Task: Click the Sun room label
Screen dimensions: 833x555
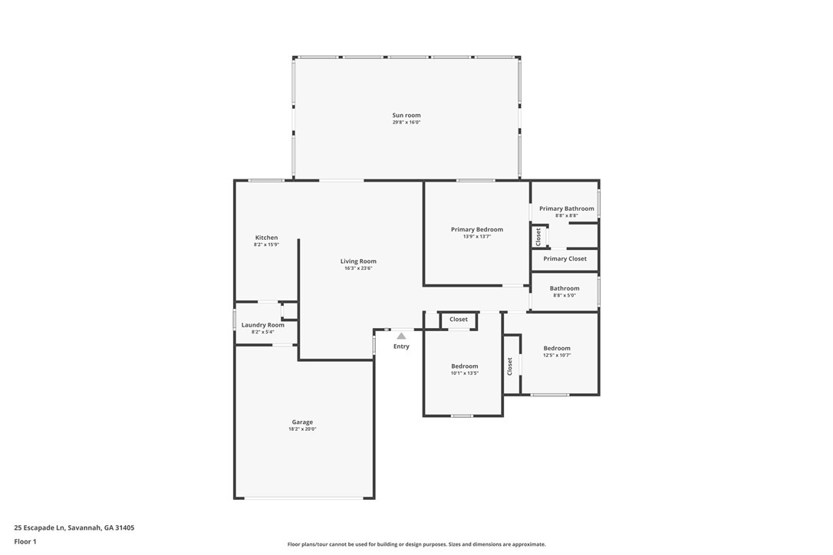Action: point(407,115)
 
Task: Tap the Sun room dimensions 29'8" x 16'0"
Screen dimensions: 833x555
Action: point(407,122)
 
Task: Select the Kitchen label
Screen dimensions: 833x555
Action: point(266,238)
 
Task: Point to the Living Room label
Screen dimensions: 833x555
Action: point(358,261)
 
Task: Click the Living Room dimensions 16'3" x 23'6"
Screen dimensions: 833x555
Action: point(358,268)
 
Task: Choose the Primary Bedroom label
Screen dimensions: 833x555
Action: point(477,229)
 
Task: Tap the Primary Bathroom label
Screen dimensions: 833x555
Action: point(567,209)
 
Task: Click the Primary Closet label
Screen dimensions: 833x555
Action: point(565,258)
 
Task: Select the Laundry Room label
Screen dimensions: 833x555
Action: point(263,325)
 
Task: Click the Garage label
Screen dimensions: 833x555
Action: point(302,422)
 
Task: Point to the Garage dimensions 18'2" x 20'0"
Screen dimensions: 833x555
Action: point(302,429)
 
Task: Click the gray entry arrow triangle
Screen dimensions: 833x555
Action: point(402,336)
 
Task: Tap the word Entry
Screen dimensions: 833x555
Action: point(401,346)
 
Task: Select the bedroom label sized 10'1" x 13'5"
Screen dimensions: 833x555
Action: point(465,366)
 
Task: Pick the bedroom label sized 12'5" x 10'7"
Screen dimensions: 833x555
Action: point(557,348)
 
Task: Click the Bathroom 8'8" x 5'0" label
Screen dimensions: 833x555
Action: point(565,288)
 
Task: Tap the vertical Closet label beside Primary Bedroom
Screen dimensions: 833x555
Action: point(538,236)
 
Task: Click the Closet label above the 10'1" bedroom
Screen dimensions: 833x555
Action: point(459,319)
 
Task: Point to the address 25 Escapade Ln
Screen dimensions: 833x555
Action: point(39,528)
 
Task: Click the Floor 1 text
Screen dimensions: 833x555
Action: point(25,542)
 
